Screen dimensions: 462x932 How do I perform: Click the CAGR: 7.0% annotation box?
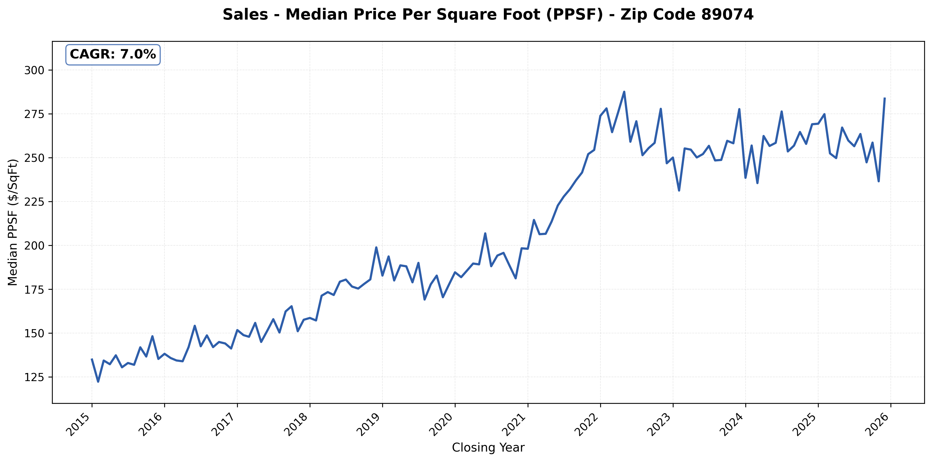click(113, 55)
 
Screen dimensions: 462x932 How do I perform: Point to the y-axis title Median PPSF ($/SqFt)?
click(13, 222)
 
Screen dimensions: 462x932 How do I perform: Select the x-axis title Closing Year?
click(488, 448)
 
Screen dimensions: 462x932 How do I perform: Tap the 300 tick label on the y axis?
click(34, 70)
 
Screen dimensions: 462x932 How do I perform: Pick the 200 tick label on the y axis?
click(34, 246)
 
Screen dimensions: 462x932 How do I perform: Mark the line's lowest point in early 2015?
click(98, 382)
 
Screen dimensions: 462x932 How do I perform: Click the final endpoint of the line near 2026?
click(884, 98)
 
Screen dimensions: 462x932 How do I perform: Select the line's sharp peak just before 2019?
click(376, 247)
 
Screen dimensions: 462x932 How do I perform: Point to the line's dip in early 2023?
click(679, 191)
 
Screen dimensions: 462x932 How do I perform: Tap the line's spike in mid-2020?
click(485, 233)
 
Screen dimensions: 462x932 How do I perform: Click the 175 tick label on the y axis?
click(34, 289)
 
